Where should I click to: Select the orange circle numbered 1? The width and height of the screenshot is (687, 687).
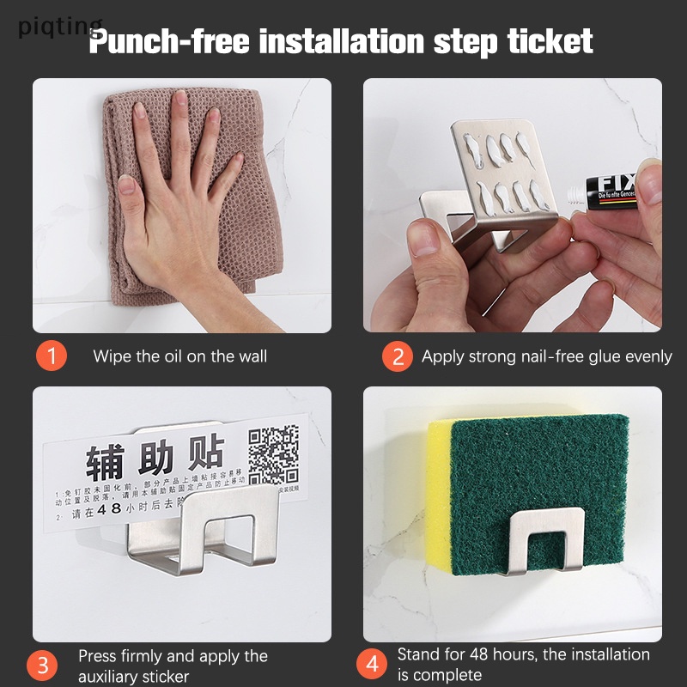52,356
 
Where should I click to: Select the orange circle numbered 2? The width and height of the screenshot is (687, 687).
397,356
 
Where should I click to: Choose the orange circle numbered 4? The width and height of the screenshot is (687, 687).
372,664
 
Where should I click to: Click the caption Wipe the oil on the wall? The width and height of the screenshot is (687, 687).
179,356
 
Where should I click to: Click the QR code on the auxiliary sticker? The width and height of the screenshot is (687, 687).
273,456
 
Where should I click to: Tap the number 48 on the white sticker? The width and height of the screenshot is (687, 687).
109,508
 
